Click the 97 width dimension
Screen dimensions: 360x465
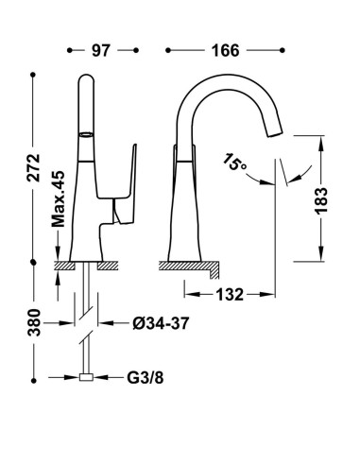pyautogui.click(x=101, y=50)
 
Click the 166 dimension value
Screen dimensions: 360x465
pyautogui.click(x=226, y=50)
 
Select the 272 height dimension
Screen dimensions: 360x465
pyautogui.click(x=33, y=167)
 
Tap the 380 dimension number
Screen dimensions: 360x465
pyautogui.click(x=34, y=322)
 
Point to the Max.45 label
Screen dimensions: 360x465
pyautogui.click(x=58, y=199)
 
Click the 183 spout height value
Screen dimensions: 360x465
pyautogui.click(x=321, y=201)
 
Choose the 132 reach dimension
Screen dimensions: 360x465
pyautogui.click(x=230, y=295)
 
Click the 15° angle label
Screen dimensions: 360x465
pyautogui.click(x=233, y=163)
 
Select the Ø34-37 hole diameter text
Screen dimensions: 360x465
pyautogui.click(x=161, y=323)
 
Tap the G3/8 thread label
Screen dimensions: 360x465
pyautogui.click(x=146, y=378)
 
